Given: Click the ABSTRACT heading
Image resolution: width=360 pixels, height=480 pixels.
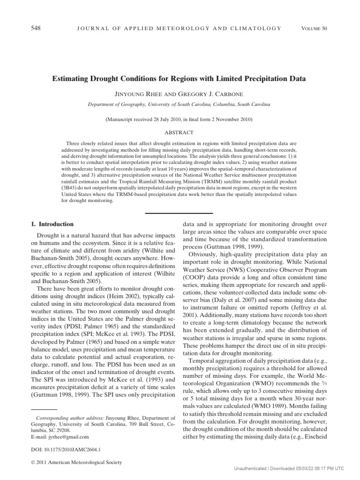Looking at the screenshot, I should point(180,132).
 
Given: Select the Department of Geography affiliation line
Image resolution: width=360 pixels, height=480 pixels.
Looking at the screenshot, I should point(180,105).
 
